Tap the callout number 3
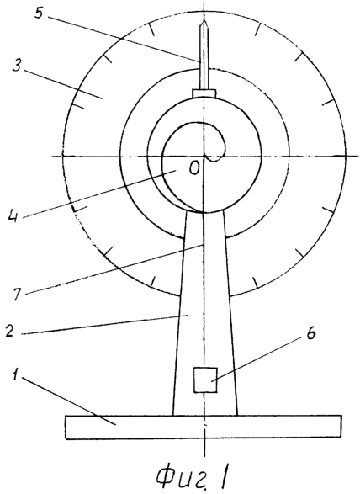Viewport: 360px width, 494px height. click(x=17, y=63)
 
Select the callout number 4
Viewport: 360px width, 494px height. click(x=14, y=215)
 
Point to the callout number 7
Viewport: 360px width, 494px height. click(x=18, y=294)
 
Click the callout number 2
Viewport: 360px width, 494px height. click(x=10, y=331)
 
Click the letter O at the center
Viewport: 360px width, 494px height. click(x=194, y=169)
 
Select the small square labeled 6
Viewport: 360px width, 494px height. click(x=205, y=380)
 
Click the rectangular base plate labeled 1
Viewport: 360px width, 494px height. click(x=204, y=428)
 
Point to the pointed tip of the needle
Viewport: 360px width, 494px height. click(x=204, y=21)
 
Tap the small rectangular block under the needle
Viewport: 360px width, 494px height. click(x=204, y=93)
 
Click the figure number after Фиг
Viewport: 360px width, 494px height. click(x=225, y=475)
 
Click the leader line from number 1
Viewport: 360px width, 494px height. click(x=67, y=400)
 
